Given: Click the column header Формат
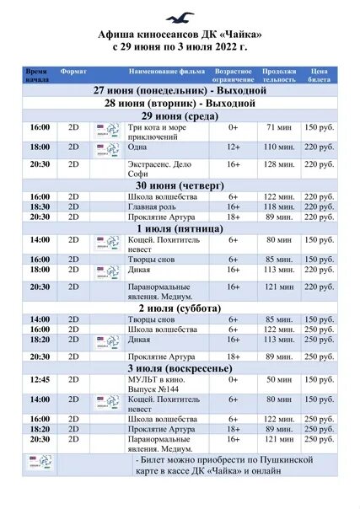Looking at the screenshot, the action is pyautogui.click(x=74, y=72).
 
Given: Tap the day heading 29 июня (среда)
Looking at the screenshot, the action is pyautogui.click(x=181, y=115).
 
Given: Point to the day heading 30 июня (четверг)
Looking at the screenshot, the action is pyautogui.click(x=181, y=184).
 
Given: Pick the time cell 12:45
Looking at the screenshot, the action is pyautogui.click(x=40, y=380).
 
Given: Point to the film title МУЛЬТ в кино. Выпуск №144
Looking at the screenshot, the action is pyautogui.click(x=156, y=384).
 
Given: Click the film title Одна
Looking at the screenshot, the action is pyautogui.click(x=137, y=147).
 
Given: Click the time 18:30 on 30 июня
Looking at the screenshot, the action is pyautogui.click(x=40, y=206).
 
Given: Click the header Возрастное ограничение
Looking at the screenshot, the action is pyautogui.click(x=233, y=76).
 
